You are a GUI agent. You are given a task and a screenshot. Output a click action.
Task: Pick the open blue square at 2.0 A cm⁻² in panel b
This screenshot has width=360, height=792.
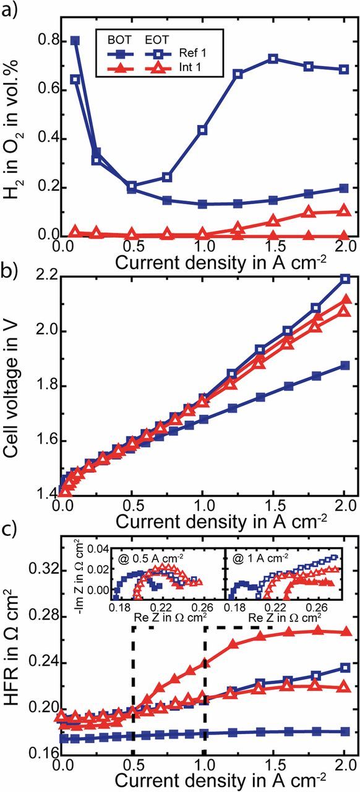(x=345, y=279)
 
